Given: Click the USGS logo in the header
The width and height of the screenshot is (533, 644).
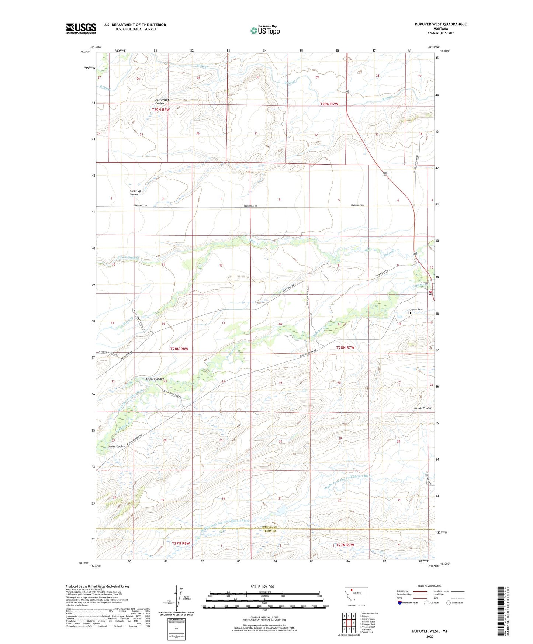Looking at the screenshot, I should [81, 28].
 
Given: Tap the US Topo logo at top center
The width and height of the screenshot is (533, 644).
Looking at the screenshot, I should [265, 30].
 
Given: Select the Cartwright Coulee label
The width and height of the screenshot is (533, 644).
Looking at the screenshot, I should [162, 101].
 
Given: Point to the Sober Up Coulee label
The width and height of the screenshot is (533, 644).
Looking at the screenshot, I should [135, 193].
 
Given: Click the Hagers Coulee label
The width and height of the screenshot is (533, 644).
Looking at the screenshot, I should [155, 379].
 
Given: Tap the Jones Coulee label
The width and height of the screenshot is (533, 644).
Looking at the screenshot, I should [117, 446].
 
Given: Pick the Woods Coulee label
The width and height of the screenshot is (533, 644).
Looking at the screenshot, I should [422, 408].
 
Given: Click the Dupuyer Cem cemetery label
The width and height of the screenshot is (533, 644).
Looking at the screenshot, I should [416, 309].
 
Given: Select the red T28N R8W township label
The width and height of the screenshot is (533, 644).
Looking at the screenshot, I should [179, 349].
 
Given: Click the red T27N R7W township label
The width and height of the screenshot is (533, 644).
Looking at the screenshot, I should [345, 545].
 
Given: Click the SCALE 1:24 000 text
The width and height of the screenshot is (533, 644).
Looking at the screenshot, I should [262, 586].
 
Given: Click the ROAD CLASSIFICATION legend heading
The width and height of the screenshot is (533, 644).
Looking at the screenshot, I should [429, 586].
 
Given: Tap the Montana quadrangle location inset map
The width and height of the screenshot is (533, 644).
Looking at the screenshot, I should [356, 595].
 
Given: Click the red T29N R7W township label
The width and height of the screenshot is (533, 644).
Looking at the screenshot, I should [329, 104].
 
